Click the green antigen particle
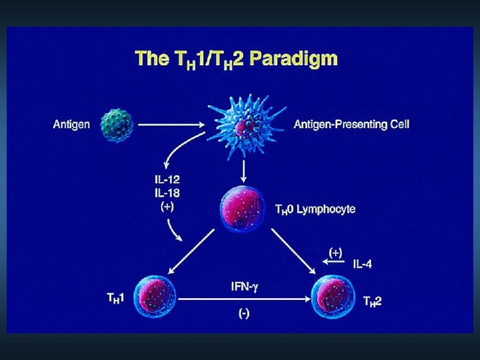tap(117, 124)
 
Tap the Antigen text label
tap(71, 124)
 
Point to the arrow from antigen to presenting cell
tap(171, 124)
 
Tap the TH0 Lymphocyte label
tap(315, 209)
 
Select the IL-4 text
tap(363, 265)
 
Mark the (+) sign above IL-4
tap(337, 252)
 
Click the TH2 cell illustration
tap(333, 297)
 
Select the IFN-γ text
tap(243, 287)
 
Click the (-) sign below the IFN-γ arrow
tap(243, 315)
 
